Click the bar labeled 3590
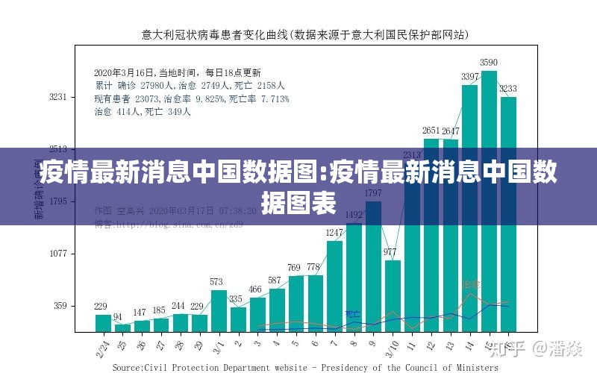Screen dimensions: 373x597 489,201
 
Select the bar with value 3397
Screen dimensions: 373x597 469,209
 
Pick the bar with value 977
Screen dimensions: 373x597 393,295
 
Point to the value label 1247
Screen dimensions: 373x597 335,233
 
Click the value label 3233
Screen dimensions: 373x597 507,89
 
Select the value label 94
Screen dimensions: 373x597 117,317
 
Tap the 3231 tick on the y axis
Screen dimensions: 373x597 57,97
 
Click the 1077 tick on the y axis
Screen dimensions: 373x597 57,254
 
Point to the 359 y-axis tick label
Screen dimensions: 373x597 60,306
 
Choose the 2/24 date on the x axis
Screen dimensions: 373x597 103,345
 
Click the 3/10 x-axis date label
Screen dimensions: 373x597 390,345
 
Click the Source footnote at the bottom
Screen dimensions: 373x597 304,367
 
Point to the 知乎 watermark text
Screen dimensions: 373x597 513,348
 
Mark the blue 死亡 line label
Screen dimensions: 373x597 352,314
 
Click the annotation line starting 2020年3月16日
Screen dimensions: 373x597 177,73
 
